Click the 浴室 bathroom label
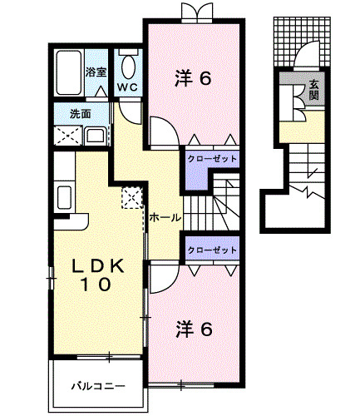coord(96,72)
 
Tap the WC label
coord(127,87)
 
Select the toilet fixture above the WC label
coord(128,64)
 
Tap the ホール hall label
coord(165,218)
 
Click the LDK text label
coord(97,266)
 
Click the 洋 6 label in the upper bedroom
coord(195,79)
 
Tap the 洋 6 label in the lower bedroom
coord(195,329)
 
